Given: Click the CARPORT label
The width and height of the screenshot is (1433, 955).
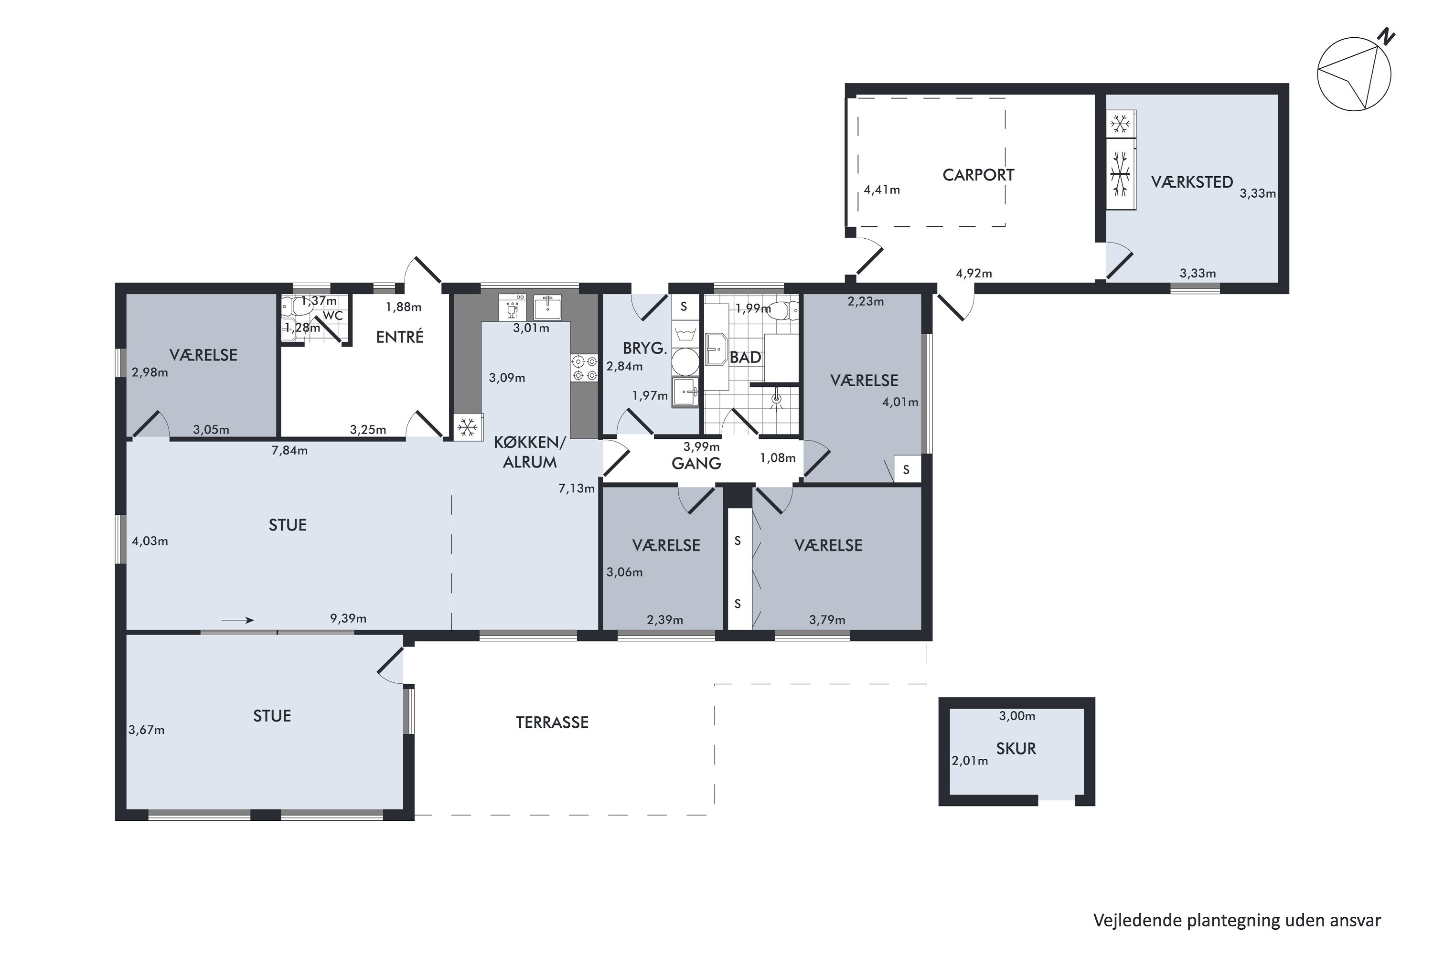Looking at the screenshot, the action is tap(978, 175).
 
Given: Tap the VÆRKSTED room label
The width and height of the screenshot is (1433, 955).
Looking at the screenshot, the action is tap(1192, 182).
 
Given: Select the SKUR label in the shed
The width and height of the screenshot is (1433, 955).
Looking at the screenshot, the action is tap(1016, 749).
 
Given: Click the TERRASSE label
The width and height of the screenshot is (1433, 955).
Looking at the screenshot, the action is tap(552, 722).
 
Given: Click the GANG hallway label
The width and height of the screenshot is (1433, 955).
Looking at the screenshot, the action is tap(696, 464).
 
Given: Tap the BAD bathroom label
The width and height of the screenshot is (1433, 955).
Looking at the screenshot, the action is tap(745, 358).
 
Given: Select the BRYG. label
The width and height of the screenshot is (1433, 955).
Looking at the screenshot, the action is tap(644, 349).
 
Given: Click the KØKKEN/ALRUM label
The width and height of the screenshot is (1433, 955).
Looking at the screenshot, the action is tap(529, 452).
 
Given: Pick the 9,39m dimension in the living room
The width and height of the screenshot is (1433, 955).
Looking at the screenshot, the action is tap(348, 618).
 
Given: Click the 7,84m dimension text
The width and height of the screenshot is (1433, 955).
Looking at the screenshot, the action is tap(289, 451).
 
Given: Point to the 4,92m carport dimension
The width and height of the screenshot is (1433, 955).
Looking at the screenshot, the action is tap(973, 274).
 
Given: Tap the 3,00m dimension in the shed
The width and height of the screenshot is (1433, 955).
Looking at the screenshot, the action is tap(1017, 716).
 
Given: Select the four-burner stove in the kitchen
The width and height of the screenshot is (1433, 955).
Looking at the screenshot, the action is tap(584, 368).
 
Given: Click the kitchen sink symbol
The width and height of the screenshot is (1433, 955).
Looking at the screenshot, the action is tap(547, 307).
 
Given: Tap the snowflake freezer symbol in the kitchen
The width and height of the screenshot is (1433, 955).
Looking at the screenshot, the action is tap(467, 427).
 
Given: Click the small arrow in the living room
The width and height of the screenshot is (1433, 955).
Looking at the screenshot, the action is tap(237, 621).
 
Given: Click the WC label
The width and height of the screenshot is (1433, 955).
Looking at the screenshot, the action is tap(332, 316).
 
